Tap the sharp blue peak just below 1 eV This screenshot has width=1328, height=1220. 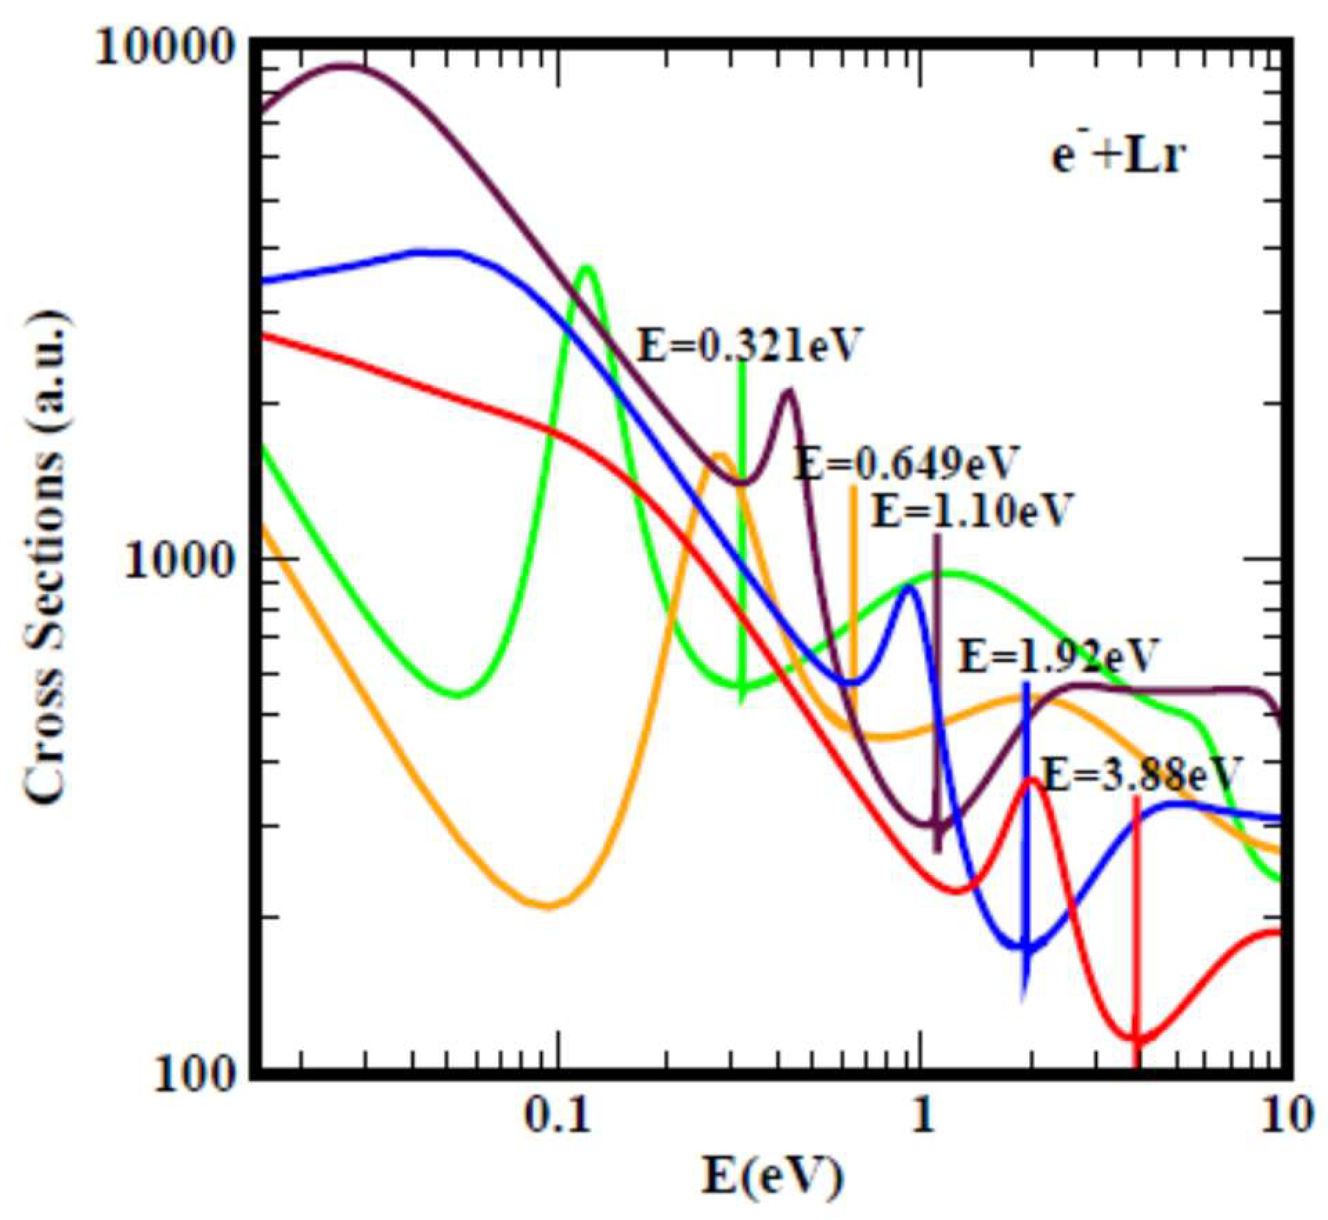click(908, 587)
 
